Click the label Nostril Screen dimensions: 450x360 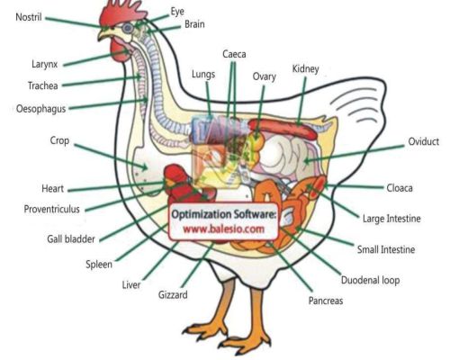pos(29,17)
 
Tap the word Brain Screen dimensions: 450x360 pos(194,24)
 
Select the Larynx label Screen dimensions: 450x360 pos(44,64)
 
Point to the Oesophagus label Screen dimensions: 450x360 pos(40,109)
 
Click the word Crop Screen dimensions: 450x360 pos(59,140)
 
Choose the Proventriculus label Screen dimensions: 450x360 pos(51,209)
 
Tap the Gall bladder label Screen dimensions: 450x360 pos(71,239)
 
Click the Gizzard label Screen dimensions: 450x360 pos(173,295)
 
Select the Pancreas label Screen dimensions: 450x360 pos(326,301)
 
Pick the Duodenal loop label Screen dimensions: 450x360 pos(370,280)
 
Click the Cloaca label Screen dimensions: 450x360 pos(400,188)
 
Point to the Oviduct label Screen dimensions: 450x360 pos(423,141)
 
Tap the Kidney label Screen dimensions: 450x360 pos(305,68)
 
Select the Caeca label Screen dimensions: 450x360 pos(234,54)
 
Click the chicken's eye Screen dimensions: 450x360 pos(128,28)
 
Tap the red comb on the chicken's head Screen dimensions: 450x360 pos(121,13)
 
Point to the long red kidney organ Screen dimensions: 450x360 pos(283,129)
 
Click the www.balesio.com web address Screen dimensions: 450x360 pos(224,229)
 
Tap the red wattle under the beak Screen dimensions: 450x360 pos(120,51)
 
